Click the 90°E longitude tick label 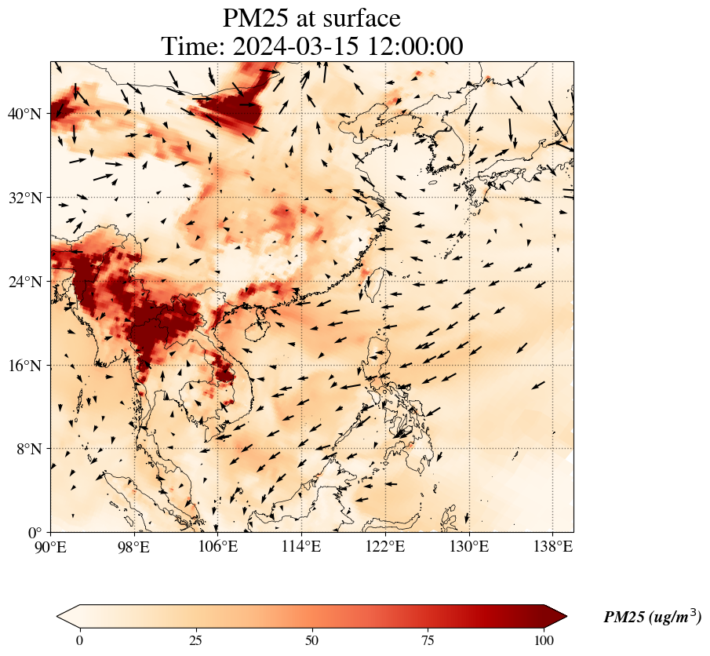[51, 546]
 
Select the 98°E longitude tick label [134, 546]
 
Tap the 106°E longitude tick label [217, 546]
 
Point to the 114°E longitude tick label [301, 546]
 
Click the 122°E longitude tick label [385, 546]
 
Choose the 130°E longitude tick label [468, 546]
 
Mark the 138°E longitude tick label [552, 546]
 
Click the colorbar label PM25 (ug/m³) [652, 618]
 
